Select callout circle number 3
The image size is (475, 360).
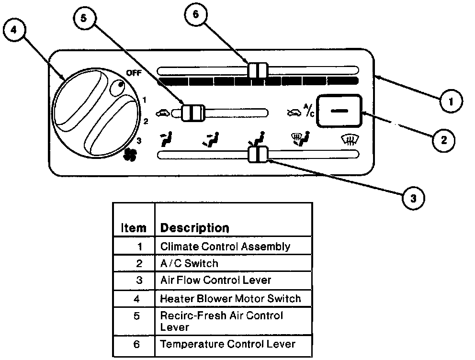point(413,197)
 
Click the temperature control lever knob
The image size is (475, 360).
point(257,70)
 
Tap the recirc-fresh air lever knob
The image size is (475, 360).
point(192,112)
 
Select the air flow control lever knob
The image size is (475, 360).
point(258,154)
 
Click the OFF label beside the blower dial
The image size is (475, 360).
point(135,73)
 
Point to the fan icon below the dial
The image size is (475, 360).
point(129,154)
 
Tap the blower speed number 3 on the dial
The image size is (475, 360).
point(139,140)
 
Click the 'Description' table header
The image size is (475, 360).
point(194,227)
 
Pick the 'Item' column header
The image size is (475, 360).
point(134,228)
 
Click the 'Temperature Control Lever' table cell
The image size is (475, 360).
point(227,344)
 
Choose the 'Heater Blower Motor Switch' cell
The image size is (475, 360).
point(230,299)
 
